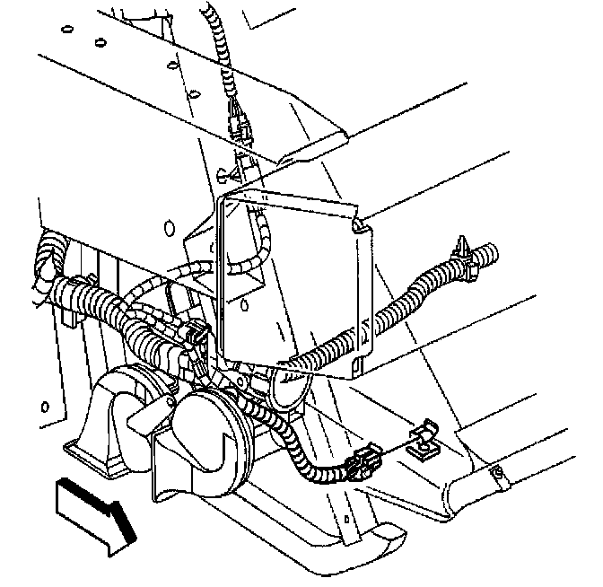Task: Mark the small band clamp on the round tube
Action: coord(499,476)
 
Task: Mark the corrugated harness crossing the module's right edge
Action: coord(395,314)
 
